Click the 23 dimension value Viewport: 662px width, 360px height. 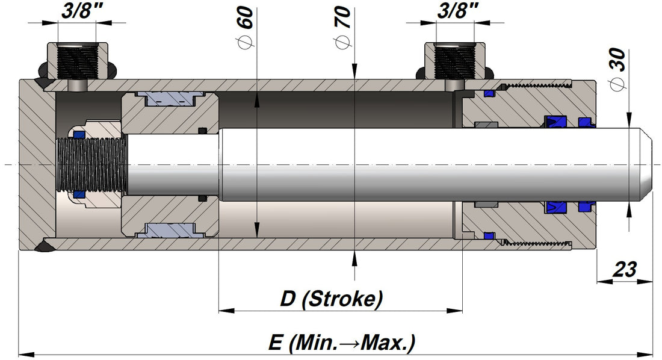tap(625, 270)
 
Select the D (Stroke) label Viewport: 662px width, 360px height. tap(332, 299)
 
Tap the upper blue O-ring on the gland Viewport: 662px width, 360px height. tap(489, 93)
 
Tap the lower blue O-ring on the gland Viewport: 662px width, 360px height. tap(489, 234)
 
